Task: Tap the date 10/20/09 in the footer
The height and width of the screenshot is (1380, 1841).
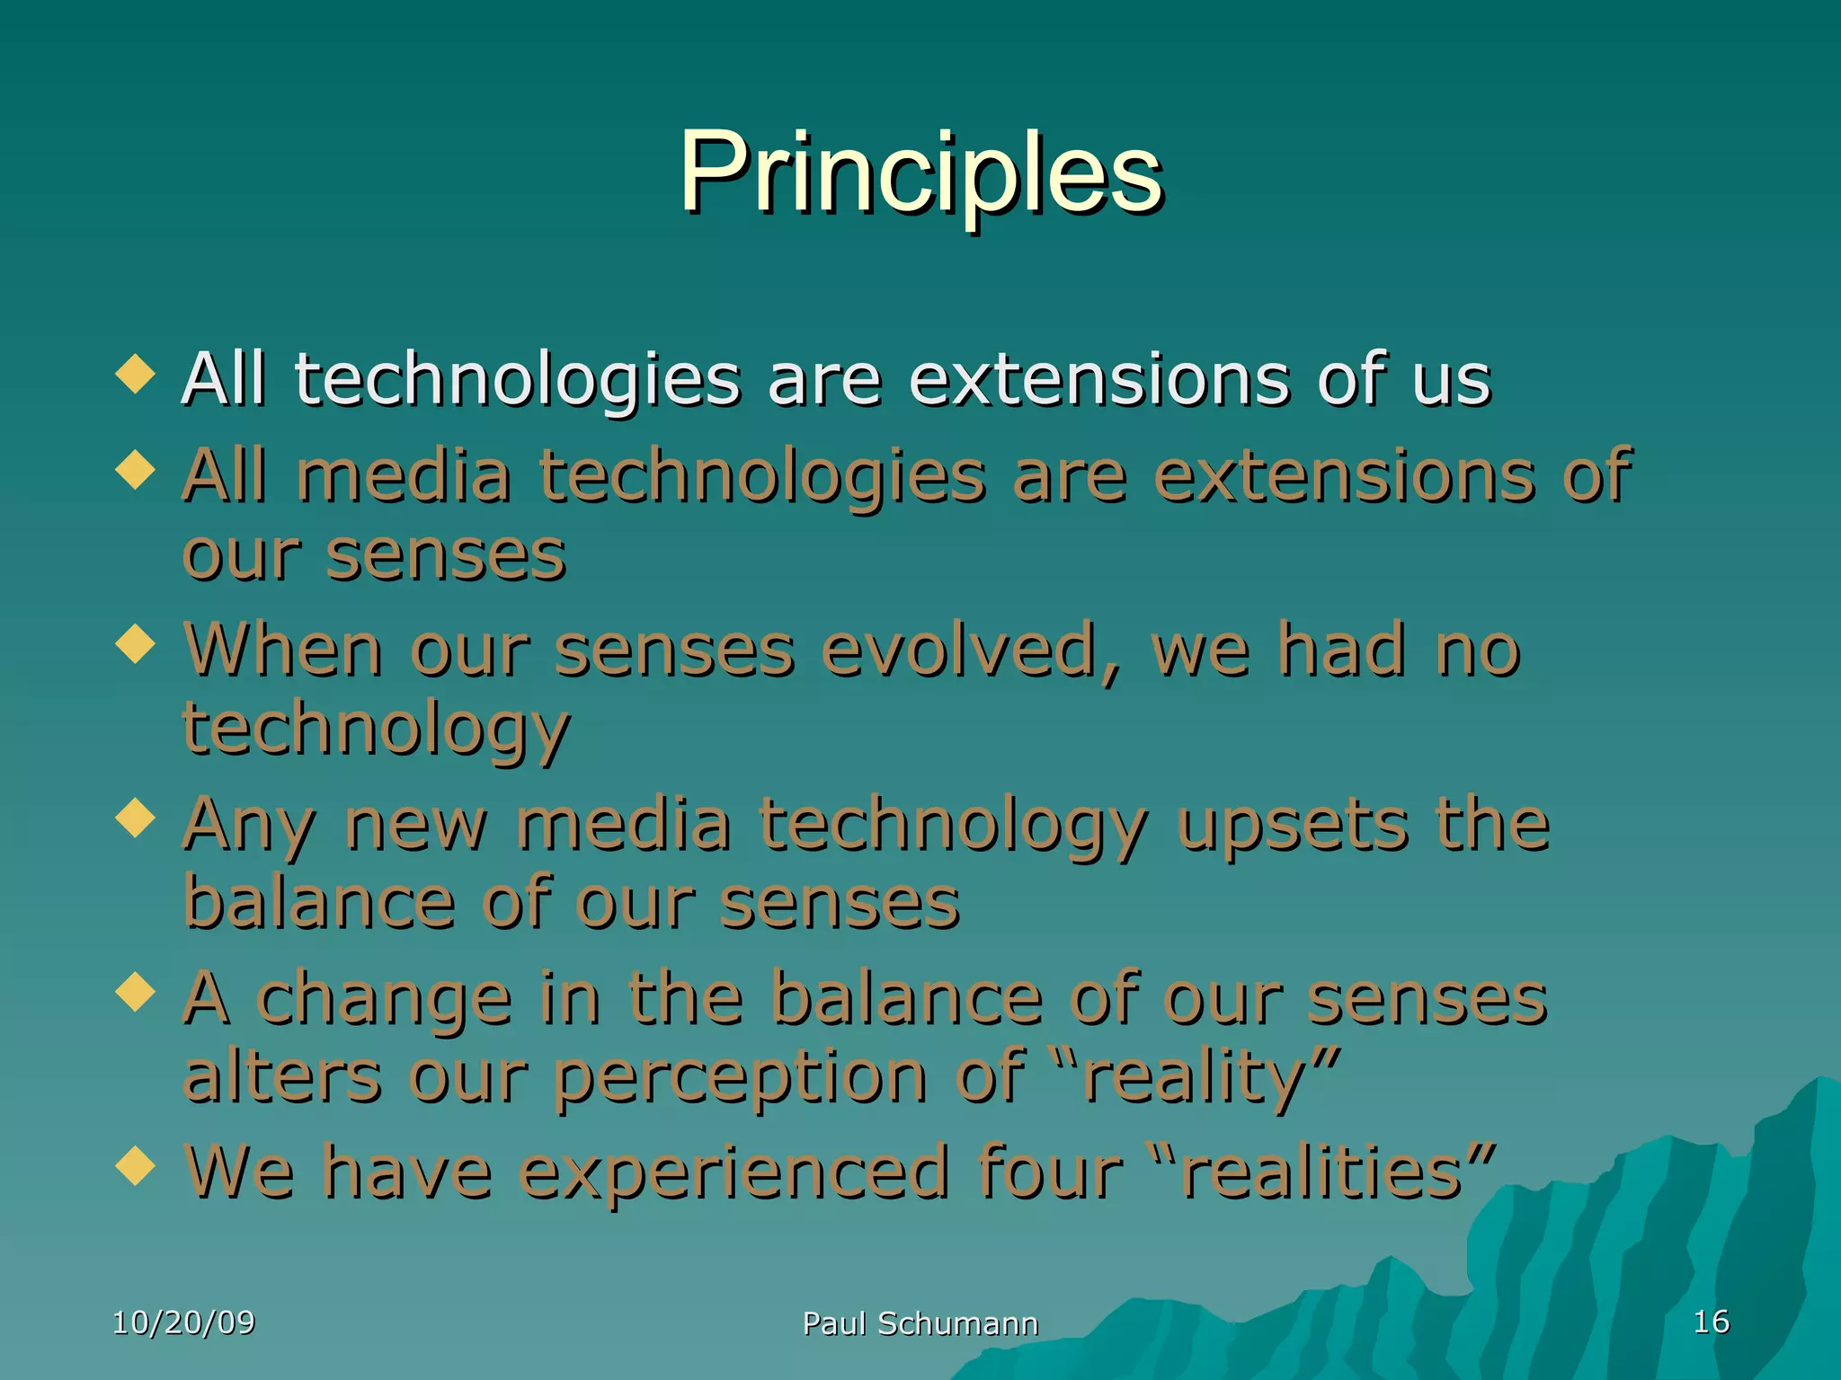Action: coord(183,1322)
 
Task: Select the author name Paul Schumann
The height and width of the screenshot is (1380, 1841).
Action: coord(920,1323)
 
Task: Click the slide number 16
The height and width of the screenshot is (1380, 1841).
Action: coord(1711,1322)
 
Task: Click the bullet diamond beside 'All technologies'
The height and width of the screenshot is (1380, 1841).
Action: coord(136,373)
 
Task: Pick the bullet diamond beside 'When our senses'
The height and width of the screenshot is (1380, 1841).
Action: coord(136,644)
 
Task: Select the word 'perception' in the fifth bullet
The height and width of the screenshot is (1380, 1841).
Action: coord(740,1076)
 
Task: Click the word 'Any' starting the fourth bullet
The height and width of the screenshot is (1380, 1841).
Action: coord(248,825)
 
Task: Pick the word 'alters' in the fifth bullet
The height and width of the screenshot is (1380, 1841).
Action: coord(282,1076)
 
